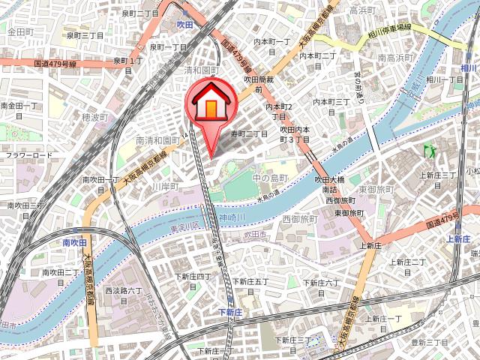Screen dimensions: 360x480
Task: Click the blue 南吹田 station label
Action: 74,242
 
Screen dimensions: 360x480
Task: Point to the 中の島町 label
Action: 271,178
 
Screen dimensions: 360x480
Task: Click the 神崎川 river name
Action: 232,217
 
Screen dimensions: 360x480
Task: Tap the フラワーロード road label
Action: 29,155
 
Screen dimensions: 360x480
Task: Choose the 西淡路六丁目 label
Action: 124,290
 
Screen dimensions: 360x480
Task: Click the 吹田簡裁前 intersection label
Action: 258,82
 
